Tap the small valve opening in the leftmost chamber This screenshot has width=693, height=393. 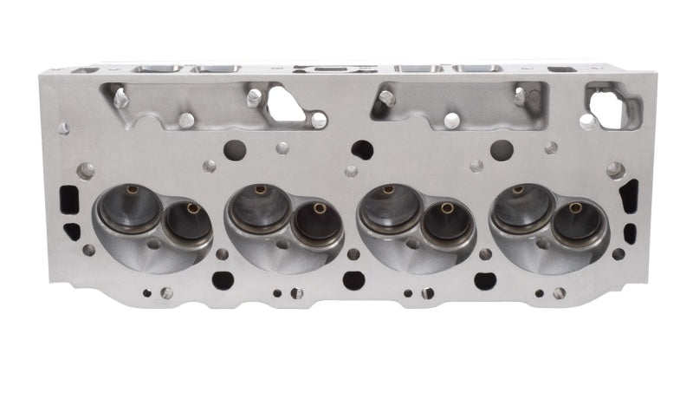click(x=187, y=225)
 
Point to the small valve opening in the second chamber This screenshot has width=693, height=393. click(x=316, y=224)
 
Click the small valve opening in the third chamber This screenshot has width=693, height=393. click(x=446, y=224)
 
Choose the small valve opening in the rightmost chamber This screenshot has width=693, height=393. click(x=576, y=224)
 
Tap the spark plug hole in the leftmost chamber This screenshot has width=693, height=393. click(x=153, y=245)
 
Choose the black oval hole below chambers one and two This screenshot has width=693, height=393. click(x=221, y=279)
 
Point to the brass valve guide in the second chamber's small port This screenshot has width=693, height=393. click(x=318, y=208)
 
